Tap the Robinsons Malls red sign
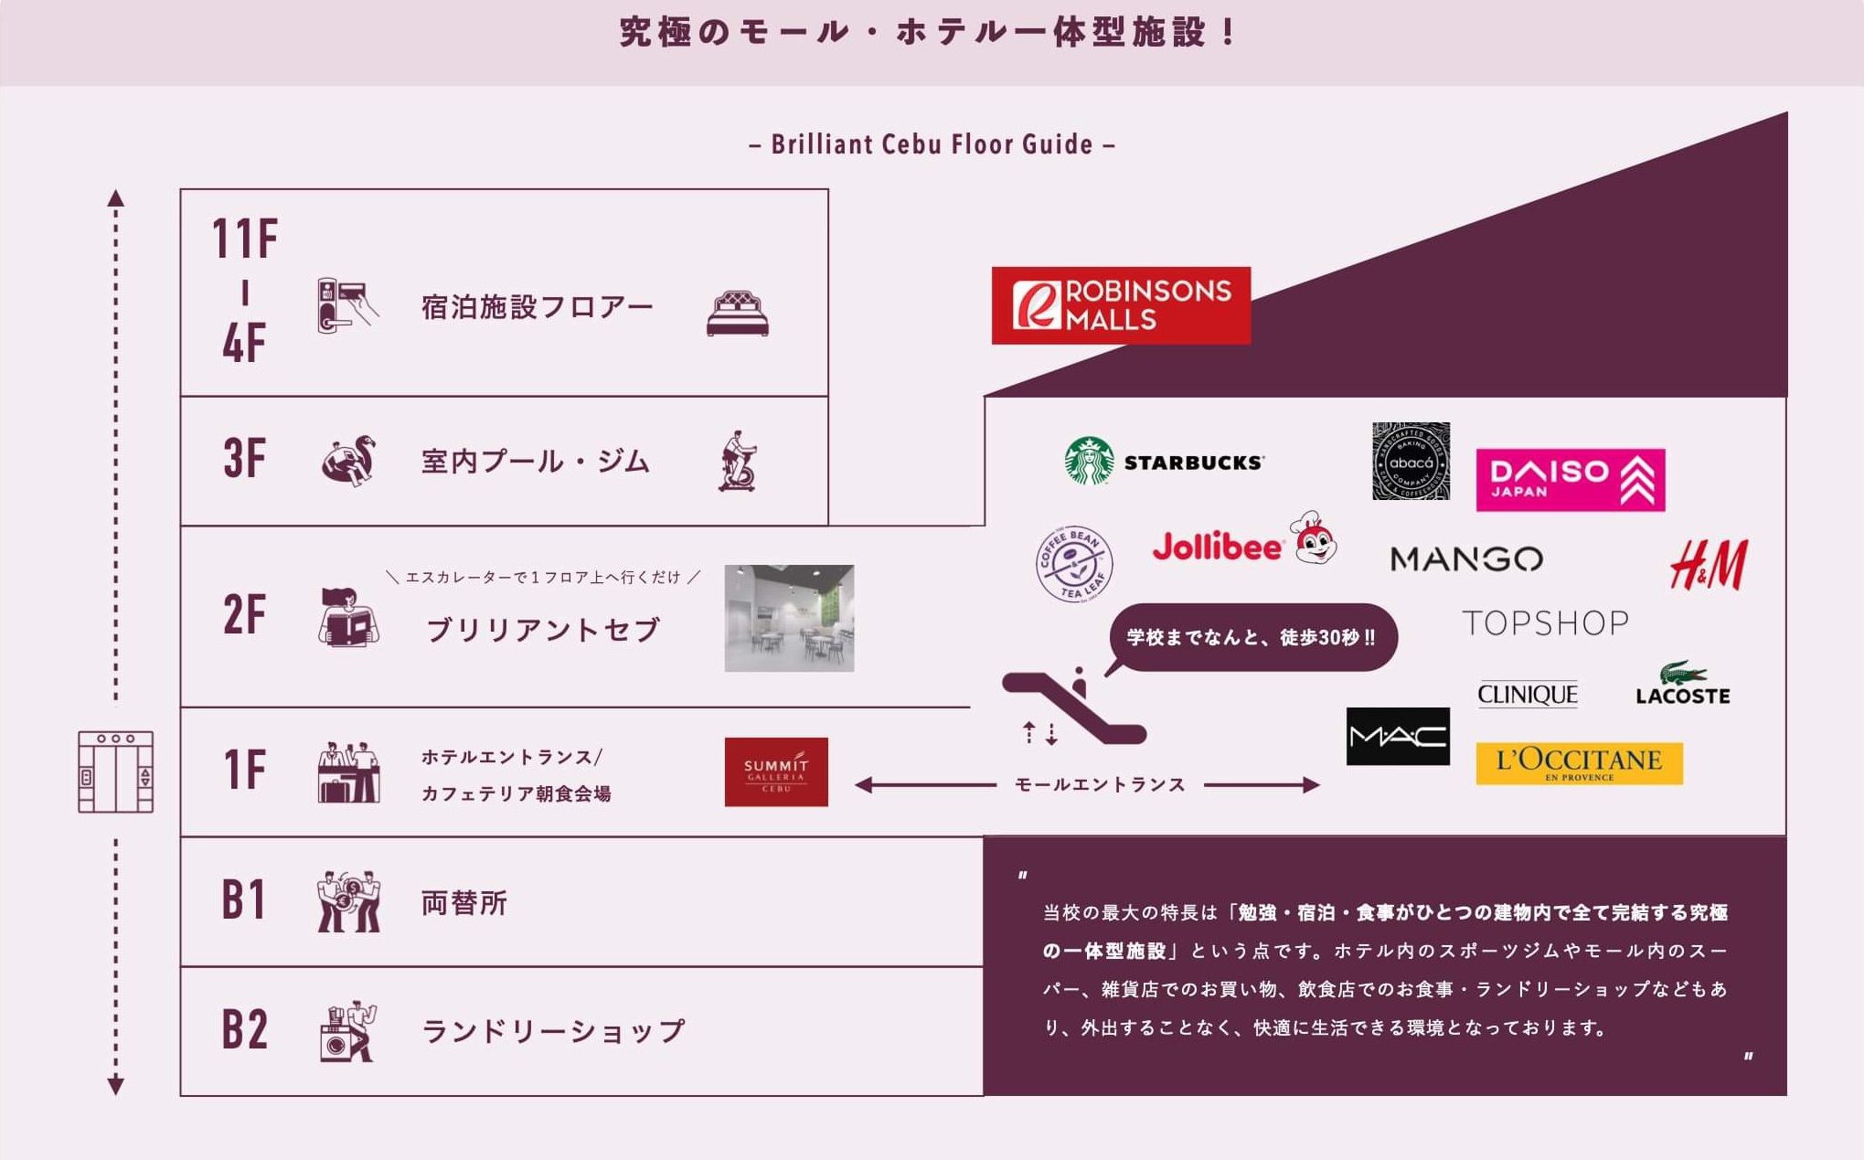1121,305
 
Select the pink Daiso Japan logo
1570,480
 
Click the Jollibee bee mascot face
1314,538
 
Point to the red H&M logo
1708,564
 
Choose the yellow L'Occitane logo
1579,763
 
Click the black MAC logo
1398,736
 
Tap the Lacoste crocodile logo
1682,684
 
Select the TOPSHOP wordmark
1545,623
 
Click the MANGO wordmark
1466,559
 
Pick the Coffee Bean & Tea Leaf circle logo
1073,564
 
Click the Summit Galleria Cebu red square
776,772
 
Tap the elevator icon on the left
116,772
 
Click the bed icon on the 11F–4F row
738,314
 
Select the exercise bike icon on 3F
738,462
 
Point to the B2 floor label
244,1030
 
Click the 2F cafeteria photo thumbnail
789,618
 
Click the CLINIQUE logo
1527,695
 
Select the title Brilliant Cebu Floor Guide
932,144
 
